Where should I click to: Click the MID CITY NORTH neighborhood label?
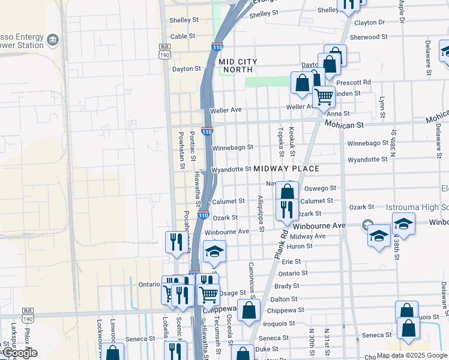click(x=238, y=65)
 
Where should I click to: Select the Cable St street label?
click(x=183, y=36)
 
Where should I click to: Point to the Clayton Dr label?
click(x=369, y=22)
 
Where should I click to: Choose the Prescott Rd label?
click(x=354, y=82)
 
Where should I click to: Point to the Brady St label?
click(x=287, y=286)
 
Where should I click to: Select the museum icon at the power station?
click(x=53, y=40)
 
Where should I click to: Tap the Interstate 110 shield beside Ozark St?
click(x=203, y=215)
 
